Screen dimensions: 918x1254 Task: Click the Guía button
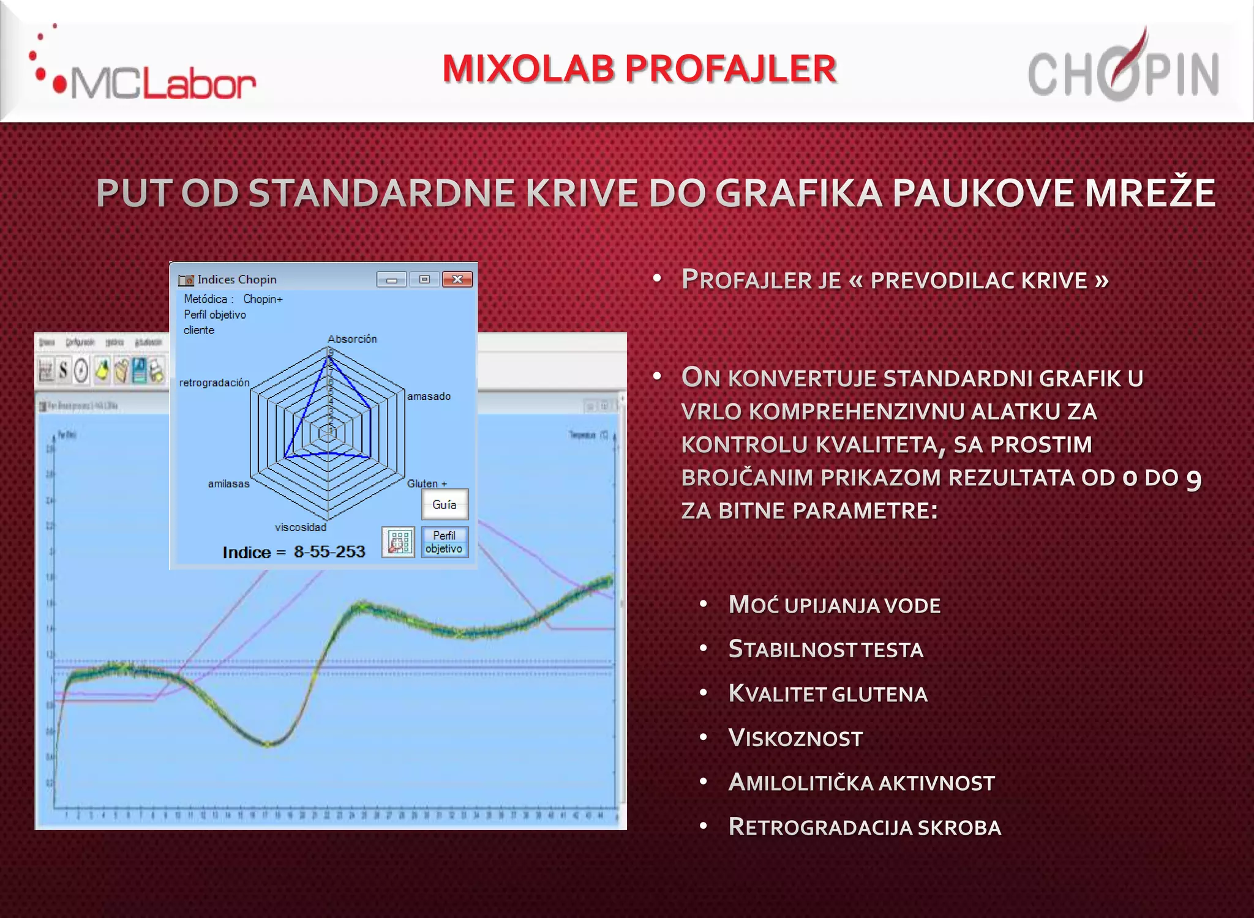[x=445, y=505]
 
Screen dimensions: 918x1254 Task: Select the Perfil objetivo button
[x=445, y=542]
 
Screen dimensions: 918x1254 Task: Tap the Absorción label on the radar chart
[x=352, y=339]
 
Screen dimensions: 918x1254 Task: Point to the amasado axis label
[x=429, y=397]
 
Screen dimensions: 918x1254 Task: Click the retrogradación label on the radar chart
[x=214, y=383]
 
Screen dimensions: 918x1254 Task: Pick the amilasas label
[x=228, y=484]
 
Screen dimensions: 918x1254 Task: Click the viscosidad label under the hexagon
[x=301, y=528]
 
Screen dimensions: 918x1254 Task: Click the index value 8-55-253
[x=329, y=552]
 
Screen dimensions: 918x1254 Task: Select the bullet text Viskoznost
[x=795, y=739]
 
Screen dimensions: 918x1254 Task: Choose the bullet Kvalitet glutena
[x=828, y=694]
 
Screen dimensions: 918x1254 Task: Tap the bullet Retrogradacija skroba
[x=865, y=827]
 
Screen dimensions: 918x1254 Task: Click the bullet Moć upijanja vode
[x=834, y=605]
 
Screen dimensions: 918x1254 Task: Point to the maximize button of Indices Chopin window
[x=424, y=280]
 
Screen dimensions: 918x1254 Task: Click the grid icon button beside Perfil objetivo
[x=399, y=542]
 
